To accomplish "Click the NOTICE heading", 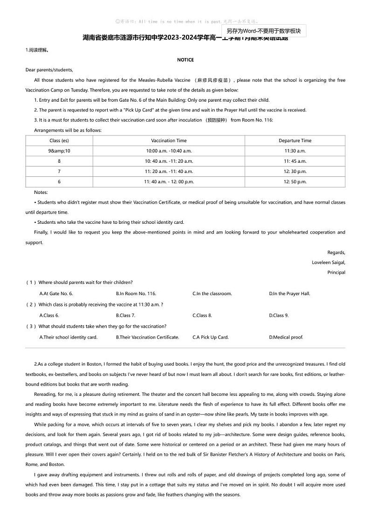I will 185,60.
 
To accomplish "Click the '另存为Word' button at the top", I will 263,31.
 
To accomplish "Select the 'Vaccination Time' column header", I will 169,140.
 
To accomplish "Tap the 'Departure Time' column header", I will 295,140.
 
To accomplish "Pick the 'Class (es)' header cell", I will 59,140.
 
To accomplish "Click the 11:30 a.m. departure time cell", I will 295,151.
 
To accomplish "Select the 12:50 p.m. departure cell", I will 295,182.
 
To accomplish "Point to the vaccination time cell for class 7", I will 169,172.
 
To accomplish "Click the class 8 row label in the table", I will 59,161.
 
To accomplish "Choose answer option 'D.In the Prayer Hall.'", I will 289,294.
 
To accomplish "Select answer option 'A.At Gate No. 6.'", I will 56,294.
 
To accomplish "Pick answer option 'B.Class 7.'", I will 126,316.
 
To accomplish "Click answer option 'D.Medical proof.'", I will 286,337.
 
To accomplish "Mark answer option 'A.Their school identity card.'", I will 69,337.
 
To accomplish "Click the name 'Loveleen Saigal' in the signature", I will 329,262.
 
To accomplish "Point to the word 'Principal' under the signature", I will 336,272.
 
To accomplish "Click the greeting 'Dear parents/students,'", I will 49,70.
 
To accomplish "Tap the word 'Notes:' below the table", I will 41,192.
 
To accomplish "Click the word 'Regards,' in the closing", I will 336,252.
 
